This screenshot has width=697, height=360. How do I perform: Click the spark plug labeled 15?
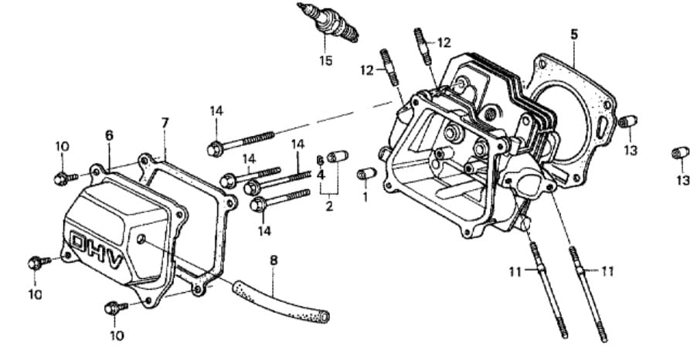(x=330, y=23)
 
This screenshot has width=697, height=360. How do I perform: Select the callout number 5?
(x=573, y=34)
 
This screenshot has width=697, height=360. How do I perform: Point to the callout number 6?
(x=109, y=134)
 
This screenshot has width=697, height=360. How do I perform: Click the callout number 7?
(x=165, y=123)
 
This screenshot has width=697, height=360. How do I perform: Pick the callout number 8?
(x=273, y=260)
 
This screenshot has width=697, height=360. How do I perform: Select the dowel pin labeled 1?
(x=365, y=173)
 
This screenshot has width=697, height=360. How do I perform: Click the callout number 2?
(x=329, y=206)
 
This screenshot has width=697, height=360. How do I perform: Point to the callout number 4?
(x=321, y=174)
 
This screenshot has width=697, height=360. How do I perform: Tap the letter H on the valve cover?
(x=96, y=252)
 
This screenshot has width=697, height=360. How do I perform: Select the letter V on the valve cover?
(x=115, y=263)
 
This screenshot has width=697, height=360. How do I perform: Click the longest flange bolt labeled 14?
(x=240, y=140)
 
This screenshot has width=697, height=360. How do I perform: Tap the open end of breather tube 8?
(x=325, y=316)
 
